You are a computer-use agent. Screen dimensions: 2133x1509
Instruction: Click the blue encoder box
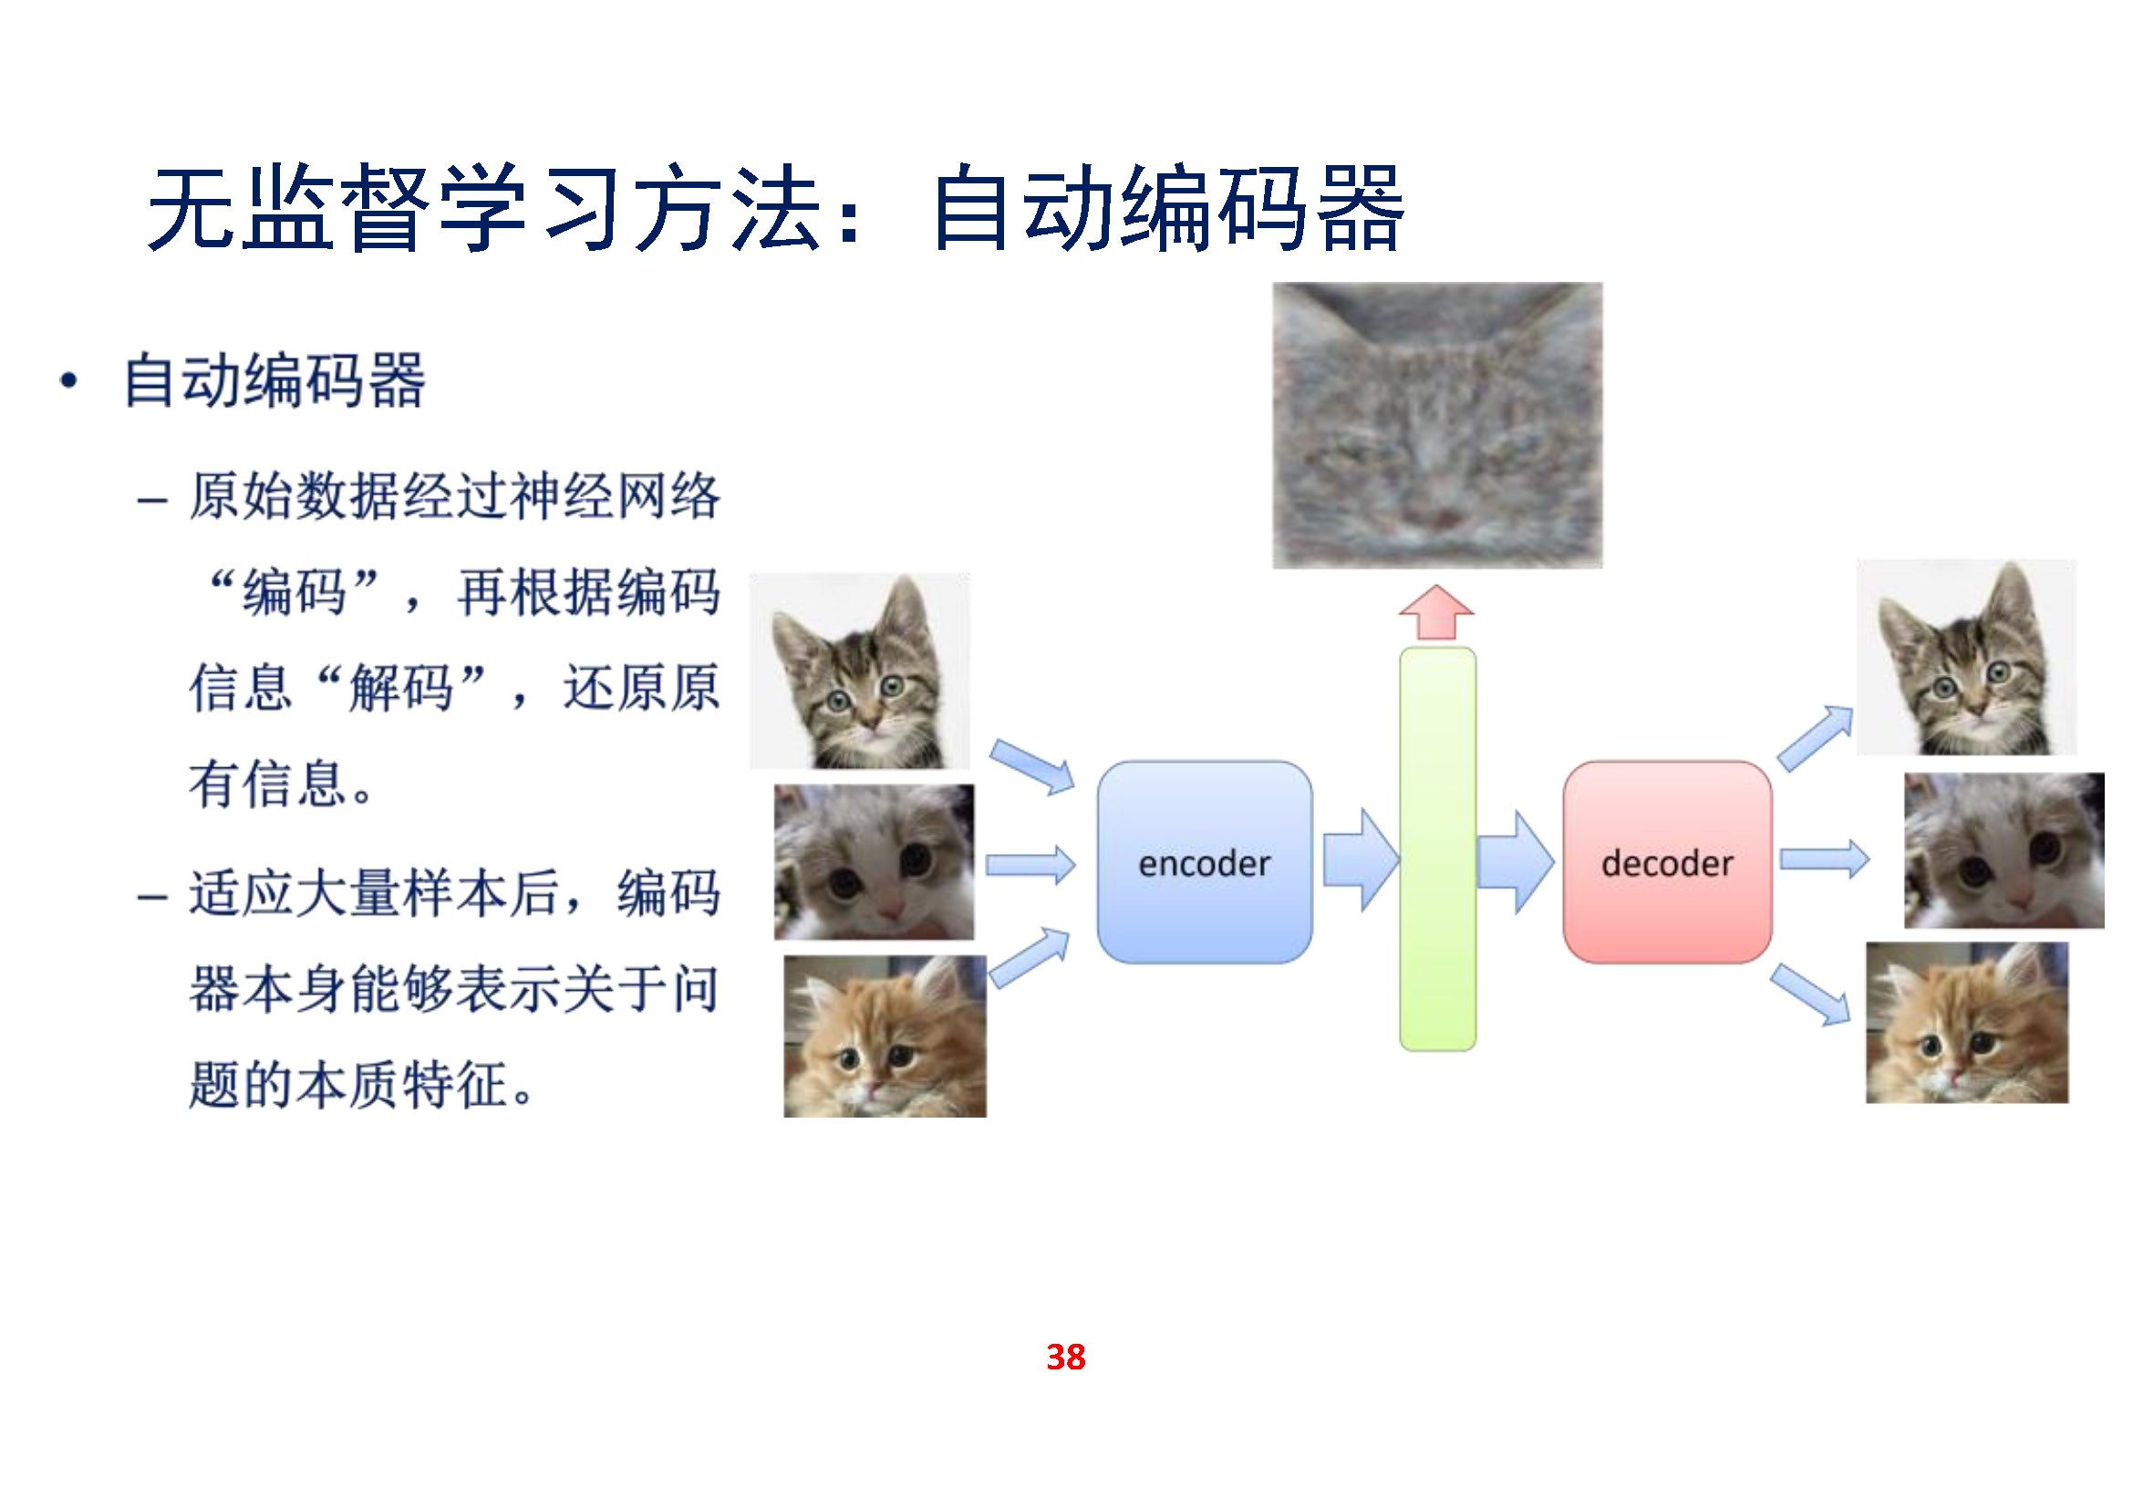pos(1204,862)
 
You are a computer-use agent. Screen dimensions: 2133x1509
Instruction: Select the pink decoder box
pos(1668,862)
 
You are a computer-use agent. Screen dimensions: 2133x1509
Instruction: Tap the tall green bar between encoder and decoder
pos(1438,849)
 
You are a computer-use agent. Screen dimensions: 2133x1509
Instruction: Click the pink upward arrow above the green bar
pos(1437,612)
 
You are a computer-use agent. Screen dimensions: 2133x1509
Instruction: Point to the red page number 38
pos(1065,1358)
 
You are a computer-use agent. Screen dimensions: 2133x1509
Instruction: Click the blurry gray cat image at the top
pos(1437,425)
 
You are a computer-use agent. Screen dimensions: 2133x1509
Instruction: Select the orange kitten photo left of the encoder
pos(885,1036)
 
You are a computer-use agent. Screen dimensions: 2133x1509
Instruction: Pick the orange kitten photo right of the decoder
pos(1968,1023)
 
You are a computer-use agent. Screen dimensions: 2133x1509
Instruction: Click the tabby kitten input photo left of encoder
pos(859,671)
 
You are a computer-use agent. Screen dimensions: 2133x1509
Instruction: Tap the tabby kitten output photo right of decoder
pos(1967,657)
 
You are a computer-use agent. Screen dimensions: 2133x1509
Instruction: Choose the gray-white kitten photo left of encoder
pos(875,862)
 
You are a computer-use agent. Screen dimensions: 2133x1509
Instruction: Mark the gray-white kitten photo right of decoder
pos(2004,850)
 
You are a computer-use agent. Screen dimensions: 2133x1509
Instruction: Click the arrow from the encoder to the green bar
pos(1361,860)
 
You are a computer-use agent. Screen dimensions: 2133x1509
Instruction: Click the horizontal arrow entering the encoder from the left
pos(1030,865)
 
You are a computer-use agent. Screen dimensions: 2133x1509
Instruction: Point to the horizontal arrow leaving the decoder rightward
pos(1825,859)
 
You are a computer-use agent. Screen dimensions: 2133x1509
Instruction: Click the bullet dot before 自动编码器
pos(67,380)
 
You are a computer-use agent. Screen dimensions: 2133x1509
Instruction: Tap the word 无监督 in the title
pos(289,208)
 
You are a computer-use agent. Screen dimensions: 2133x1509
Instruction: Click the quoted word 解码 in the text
pos(401,688)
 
